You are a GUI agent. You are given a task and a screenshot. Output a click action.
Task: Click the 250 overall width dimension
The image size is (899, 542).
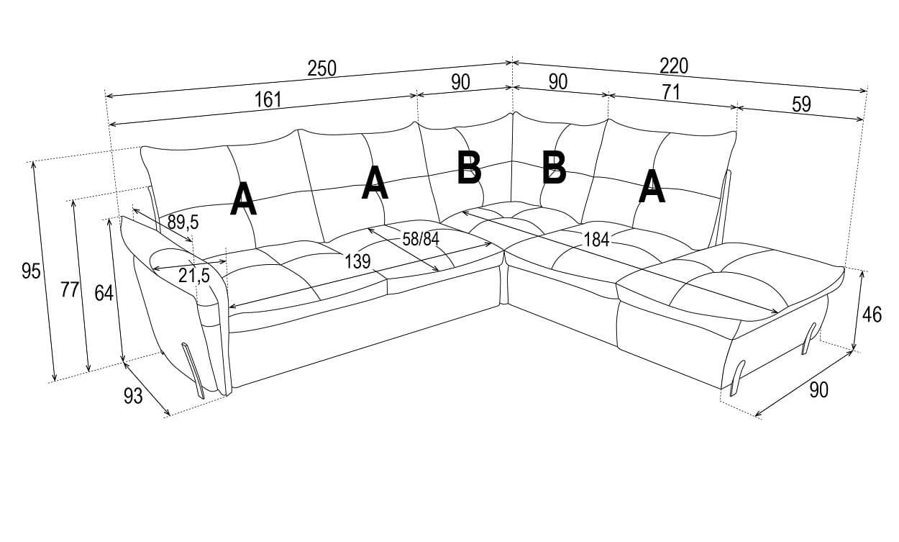point(321,68)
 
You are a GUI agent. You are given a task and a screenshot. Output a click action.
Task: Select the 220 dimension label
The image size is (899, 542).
point(674,66)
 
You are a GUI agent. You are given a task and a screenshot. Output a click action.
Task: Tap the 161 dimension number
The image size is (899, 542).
point(268,99)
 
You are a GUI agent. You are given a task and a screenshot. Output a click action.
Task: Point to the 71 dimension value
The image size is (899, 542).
point(672,92)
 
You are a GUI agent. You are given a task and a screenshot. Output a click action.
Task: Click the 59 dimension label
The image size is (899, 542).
point(801,104)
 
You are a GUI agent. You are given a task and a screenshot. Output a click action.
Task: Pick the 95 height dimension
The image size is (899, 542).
point(31,271)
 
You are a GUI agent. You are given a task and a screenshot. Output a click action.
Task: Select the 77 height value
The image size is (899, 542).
point(70,289)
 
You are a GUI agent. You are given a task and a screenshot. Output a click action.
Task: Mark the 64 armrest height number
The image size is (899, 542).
point(104,293)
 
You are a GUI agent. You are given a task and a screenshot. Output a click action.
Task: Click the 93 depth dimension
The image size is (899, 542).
point(133,397)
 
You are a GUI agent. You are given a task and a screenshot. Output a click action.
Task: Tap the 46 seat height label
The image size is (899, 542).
point(872,315)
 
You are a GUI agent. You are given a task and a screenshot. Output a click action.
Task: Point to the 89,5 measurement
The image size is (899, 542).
point(183,222)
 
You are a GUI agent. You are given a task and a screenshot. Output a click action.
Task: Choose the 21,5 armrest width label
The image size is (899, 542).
point(194,276)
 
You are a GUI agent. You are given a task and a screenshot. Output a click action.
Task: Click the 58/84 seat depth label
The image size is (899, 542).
point(421,239)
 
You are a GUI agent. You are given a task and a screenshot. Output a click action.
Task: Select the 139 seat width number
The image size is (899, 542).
point(357,261)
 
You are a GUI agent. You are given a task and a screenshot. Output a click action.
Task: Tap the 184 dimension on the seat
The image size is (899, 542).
point(596,239)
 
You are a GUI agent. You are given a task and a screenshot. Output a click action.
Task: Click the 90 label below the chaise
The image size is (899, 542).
point(818,389)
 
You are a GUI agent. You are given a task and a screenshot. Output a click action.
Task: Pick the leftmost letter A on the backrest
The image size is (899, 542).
point(243,199)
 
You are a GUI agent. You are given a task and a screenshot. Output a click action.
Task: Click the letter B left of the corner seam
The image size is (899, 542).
point(469,168)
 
